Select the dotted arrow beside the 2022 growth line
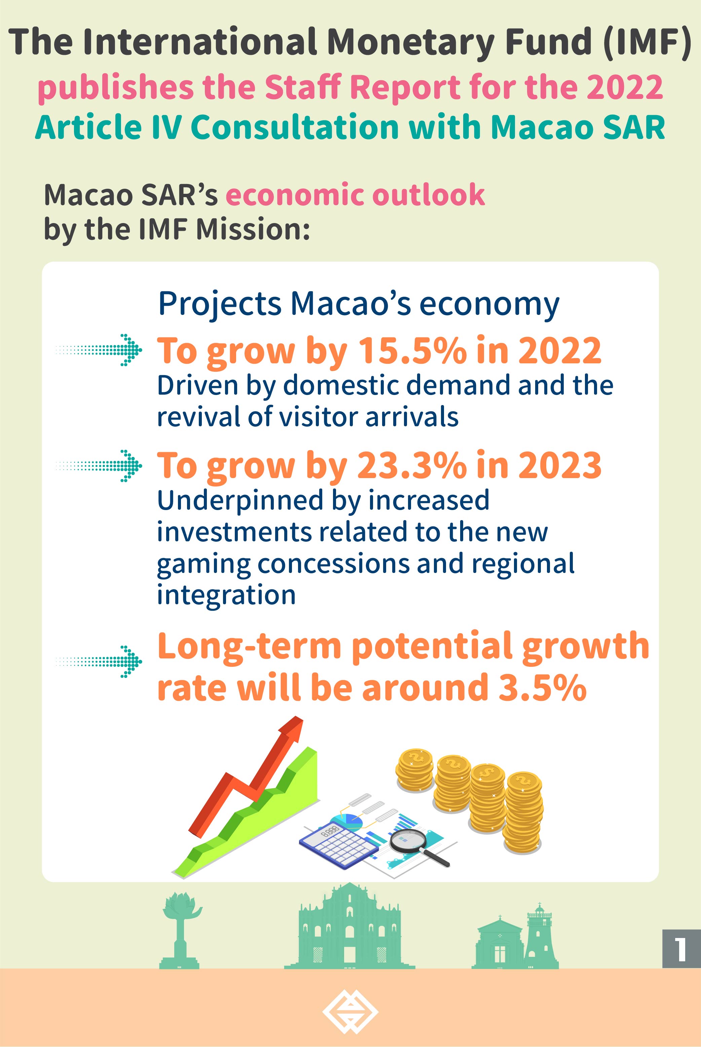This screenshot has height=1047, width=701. click(x=99, y=350)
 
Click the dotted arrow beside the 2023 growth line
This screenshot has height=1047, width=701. click(x=99, y=466)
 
